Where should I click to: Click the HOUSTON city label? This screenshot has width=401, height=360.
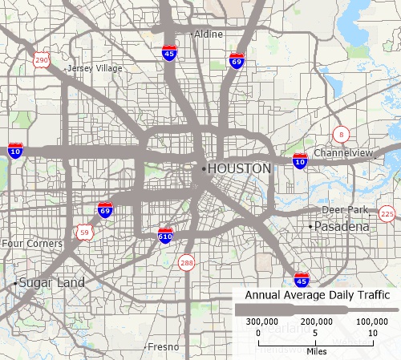point(239,169)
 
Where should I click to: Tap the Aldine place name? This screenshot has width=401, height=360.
point(208,35)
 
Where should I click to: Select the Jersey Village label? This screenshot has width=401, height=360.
point(95,69)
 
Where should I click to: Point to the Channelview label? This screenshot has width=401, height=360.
point(345,152)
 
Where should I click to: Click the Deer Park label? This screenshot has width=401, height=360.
point(345,210)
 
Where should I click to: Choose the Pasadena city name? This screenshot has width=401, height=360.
point(341,228)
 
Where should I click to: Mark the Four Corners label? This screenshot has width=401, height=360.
point(32,243)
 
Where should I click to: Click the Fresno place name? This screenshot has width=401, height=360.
point(162,347)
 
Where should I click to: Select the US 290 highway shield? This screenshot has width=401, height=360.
point(42,61)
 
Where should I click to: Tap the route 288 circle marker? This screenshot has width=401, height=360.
point(187,263)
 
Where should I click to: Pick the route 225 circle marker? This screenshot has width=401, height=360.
point(387,213)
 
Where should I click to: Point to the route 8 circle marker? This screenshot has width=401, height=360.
point(342,133)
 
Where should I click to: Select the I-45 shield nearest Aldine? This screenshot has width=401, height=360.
point(169,53)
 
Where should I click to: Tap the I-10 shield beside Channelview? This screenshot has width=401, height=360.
point(300,161)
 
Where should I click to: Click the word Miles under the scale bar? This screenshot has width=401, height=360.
point(316,350)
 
